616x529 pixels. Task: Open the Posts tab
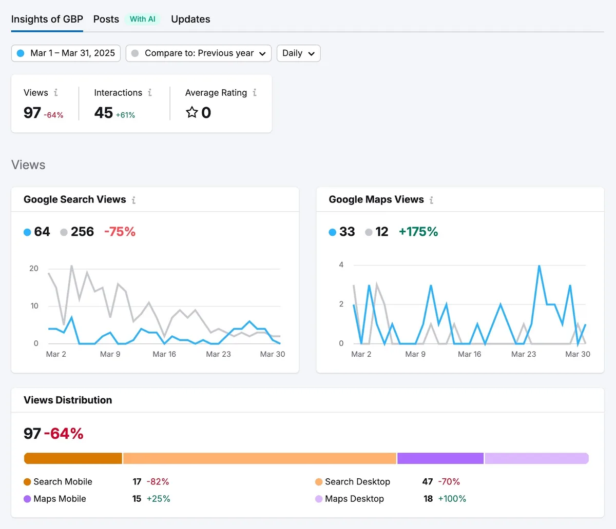click(x=106, y=19)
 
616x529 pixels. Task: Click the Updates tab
click(x=190, y=19)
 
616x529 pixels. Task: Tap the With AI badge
click(x=143, y=19)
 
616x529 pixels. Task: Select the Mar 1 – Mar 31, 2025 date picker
click(x=66, y=53)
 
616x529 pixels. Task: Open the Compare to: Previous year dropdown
click(x=199, y=53)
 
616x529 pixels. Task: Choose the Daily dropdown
click(x=298, y=53)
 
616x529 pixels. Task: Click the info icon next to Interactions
click(x=150, y=93)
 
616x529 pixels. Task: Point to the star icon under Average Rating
click(x=191, y=112)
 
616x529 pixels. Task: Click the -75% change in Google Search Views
click(x=120, y=232)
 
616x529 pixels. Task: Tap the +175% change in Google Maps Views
click(x=418, y=232)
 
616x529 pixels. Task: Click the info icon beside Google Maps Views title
click(x=431, y=200)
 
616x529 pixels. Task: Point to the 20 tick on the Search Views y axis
click(x=34, y=269)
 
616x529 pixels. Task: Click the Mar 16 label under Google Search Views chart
click(x=164, y=354)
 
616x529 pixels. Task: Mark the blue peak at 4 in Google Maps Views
click(x=539, y=266)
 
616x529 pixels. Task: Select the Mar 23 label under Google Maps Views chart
click(x=524, y=354)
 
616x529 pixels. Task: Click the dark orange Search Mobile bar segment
click(x=73, y=458)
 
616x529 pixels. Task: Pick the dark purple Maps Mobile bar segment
click(x=440, y=458)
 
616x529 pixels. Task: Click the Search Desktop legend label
click(x=357, y=481)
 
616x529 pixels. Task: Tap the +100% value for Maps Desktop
click(x=452, y=499)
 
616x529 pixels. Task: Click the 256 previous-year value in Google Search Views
click(x=82, y=232)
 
